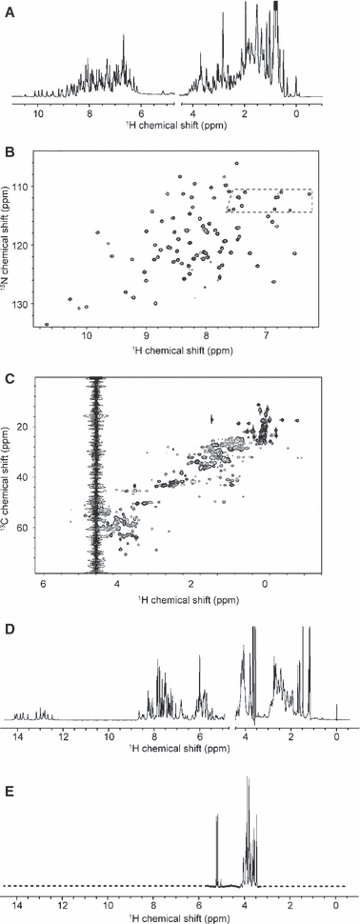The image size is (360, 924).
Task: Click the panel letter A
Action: point(10,12)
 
